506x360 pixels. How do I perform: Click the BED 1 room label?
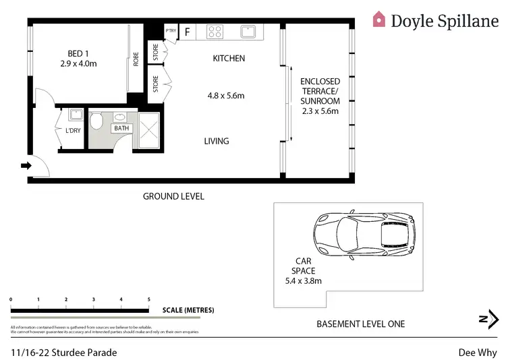tap(78, 53)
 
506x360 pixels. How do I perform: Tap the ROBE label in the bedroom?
tap(136, 59)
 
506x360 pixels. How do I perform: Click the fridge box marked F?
tap(187, 31)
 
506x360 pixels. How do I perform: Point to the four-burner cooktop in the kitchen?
tap(215, 31)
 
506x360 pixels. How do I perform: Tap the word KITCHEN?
tap(229, 59)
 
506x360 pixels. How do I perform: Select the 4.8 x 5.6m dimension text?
tap(225, 96)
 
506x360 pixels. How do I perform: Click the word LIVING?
tap(217, 141)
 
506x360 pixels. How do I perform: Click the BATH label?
tap(121, 127)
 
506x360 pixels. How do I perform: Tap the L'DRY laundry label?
tap(73, 131)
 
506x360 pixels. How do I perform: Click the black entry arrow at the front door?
tap(26, 165)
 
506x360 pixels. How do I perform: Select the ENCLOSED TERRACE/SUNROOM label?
tap(320, 96)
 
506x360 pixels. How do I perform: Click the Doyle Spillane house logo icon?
tap(380, 20)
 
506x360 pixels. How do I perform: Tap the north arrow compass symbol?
tap(488, 320)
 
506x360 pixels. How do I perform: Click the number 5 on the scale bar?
tap(148, 299)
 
